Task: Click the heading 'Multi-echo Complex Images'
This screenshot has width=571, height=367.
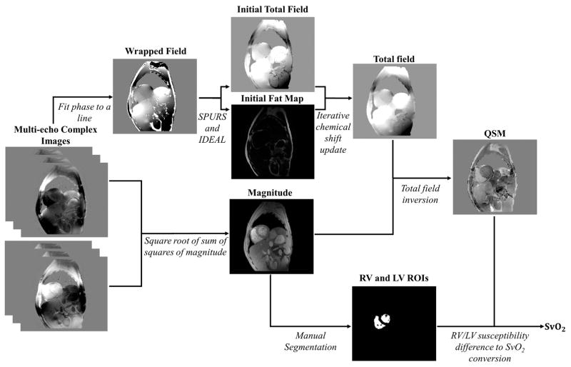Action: point(46,136)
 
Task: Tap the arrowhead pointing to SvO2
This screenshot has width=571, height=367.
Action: point(537,327)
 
